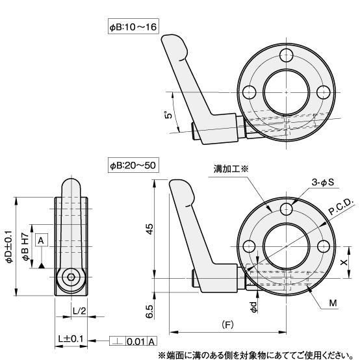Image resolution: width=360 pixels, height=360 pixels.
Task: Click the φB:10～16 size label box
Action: (x=133, y=27)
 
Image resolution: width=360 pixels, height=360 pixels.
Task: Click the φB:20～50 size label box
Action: (x=133, y=165)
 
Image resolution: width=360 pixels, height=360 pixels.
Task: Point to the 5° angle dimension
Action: (x=168, y=115)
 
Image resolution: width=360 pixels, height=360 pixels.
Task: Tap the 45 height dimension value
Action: (x=149, y=229)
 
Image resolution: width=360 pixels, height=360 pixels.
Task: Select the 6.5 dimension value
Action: (x=149, y=311)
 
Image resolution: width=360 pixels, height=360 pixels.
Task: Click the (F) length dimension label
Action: (x=227, y=324)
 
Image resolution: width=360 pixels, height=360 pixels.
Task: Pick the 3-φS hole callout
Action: (x=322, y=183)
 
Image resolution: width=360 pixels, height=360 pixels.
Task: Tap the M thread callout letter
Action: (x=333, y=303)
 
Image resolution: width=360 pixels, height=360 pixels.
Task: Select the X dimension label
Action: (x=344, y=262)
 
